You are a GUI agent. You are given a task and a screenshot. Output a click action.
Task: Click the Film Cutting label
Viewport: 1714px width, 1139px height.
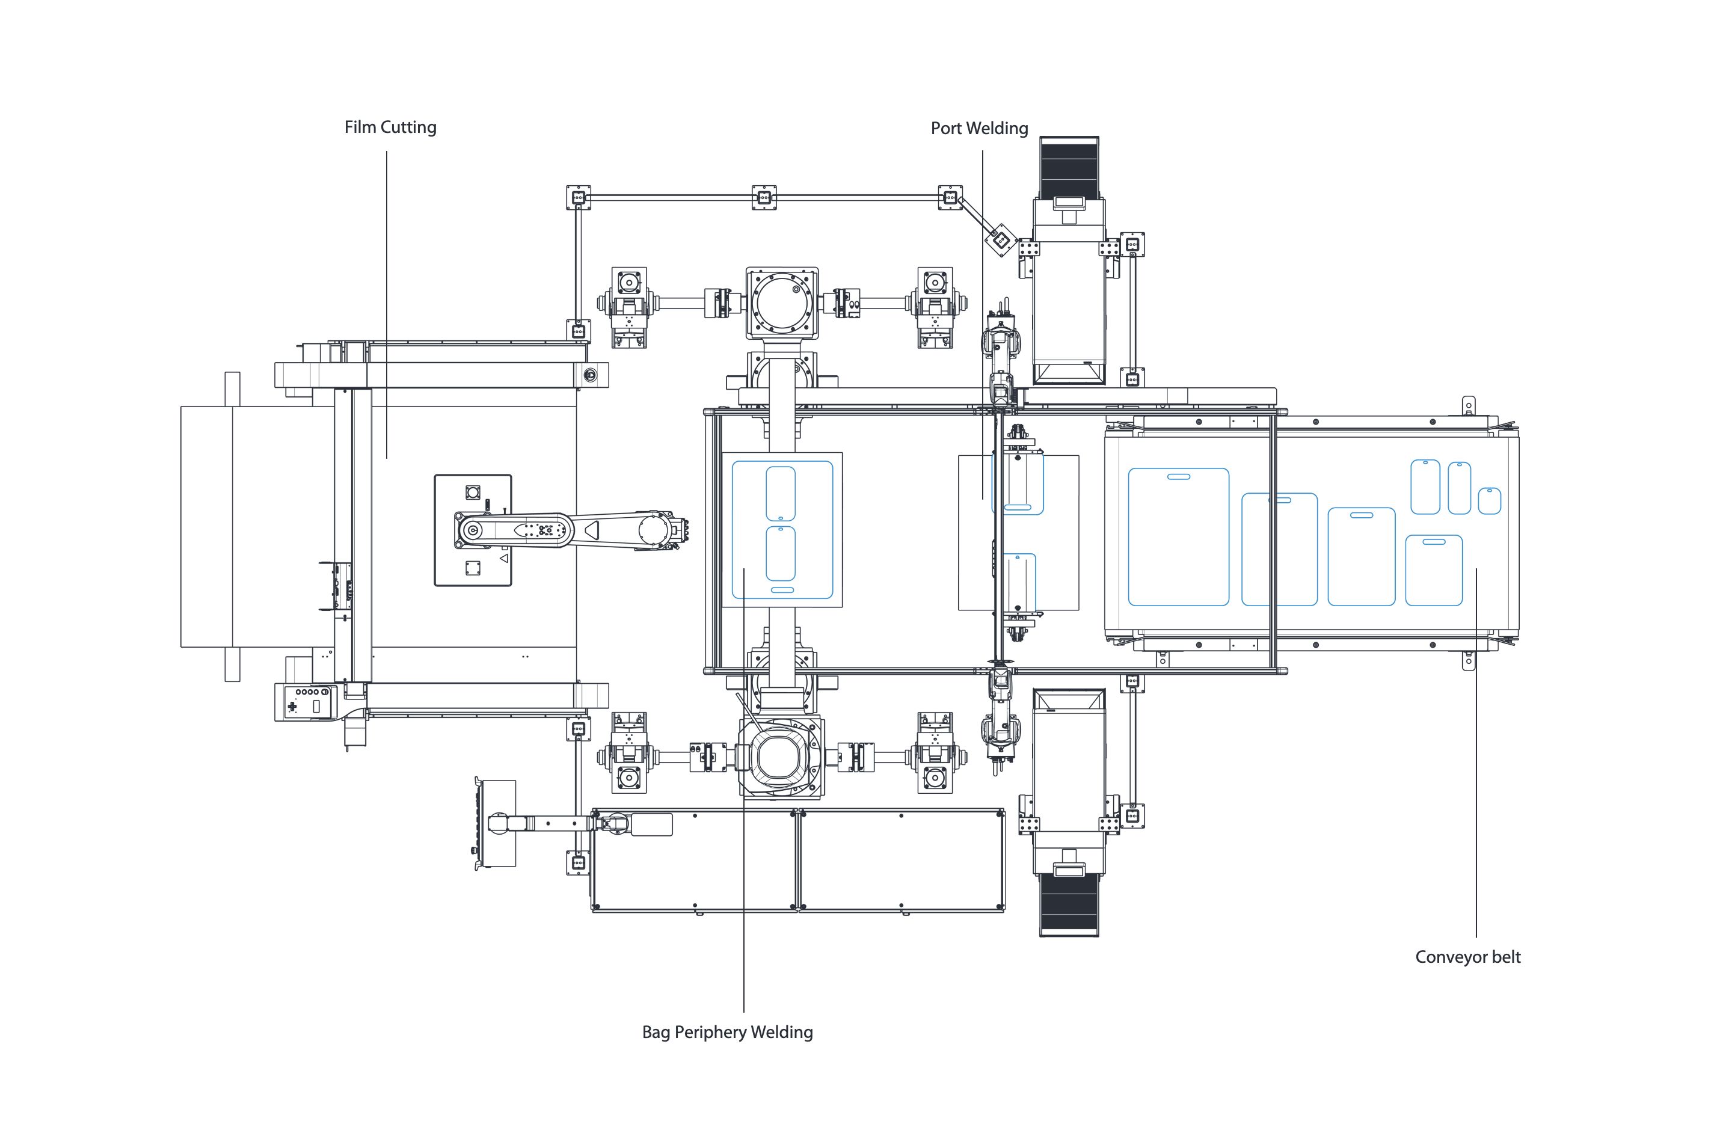[x=390, y=127]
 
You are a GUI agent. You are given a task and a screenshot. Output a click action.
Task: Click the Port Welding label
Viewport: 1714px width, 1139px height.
[x=979, y=129]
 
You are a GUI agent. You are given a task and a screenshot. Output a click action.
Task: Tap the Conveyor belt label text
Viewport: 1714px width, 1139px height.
[x=1467, y=957]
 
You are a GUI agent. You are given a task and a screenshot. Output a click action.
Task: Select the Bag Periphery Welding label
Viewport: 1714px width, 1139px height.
[x=727, y=1032]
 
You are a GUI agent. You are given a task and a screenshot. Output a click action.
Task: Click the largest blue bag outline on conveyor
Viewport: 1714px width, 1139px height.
[x=1178, y=537]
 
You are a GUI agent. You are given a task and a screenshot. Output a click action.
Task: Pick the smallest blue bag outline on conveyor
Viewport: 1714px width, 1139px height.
[x=1489, y=500]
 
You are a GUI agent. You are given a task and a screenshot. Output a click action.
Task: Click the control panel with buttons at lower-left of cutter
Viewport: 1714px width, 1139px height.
[x=307, y=702]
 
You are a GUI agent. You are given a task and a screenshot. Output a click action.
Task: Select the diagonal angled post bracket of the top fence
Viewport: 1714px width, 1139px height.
[x=1000, y=238]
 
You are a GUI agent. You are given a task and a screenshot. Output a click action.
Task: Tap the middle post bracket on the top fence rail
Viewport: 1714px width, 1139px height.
[x=763, y=197]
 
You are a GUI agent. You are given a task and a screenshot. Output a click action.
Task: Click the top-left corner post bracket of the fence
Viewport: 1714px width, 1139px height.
[x=578, y=197]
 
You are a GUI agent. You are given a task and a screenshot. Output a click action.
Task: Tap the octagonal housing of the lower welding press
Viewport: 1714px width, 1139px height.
[x=781, y=758]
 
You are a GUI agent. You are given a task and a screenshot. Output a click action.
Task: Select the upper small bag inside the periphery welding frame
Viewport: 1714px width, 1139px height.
[x=781, y=494]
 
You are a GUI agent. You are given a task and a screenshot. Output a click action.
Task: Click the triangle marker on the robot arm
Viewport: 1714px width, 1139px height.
[x=592, y=530]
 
